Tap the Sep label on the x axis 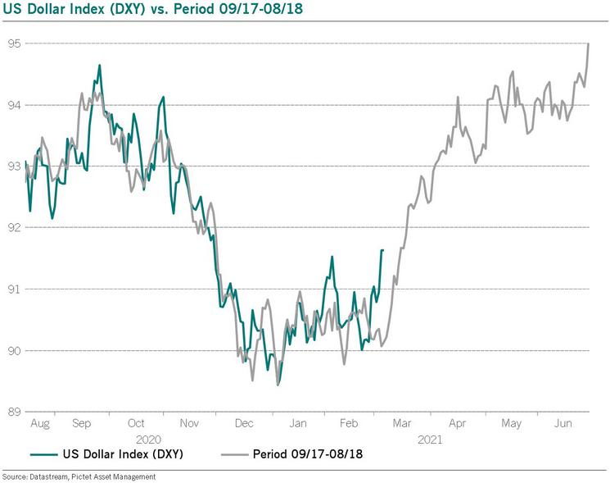coord(81,424)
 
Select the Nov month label coord(190,424)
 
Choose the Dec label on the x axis coord(244,424)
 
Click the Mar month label coord(402,424)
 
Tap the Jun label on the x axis coord(563,424)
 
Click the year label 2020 coord(136,440)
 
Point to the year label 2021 coord(430,440)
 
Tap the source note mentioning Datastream coord(78,476)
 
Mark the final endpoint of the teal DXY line coord(382,250)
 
